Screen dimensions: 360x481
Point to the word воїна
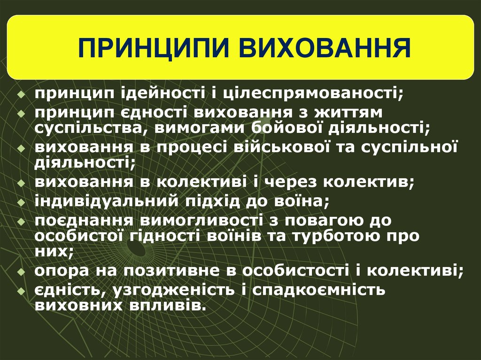[x=303, y=201]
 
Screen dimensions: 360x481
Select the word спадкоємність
[x=318, y=290]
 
